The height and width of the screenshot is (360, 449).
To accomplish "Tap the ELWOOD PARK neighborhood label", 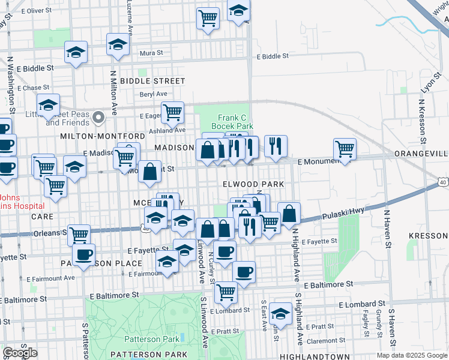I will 252,184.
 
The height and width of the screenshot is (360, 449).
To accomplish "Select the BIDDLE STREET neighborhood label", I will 152,80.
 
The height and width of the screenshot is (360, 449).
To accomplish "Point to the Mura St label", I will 151,53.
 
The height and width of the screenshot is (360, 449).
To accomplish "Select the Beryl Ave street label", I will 153,94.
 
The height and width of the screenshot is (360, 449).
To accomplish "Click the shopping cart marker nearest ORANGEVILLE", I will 345,148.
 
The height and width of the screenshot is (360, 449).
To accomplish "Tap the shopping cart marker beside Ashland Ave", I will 172,111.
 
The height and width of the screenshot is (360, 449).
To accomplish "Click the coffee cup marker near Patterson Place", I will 84,254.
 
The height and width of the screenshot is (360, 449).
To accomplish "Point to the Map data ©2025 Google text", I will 412,355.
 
